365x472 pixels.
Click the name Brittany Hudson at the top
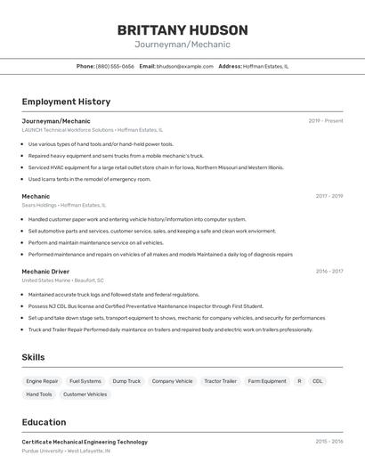182,29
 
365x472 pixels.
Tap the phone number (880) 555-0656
115,66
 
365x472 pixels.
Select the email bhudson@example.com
184,66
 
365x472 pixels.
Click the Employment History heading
66,102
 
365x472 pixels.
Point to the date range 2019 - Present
326,121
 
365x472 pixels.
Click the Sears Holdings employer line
63,205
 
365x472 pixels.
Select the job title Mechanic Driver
45,271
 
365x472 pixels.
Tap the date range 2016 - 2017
328,271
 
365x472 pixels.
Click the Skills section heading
33,357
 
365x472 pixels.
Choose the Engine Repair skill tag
42,381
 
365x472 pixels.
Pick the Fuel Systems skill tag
85,381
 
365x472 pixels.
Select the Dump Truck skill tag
126,381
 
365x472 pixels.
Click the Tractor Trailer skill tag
220,381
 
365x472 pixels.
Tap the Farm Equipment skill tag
267,381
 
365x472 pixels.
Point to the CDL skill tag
318,381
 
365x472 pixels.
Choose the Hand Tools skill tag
39,394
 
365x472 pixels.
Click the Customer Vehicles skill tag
85,394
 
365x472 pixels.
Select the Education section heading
44,422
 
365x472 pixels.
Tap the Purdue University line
66,452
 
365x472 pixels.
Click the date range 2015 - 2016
328,442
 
